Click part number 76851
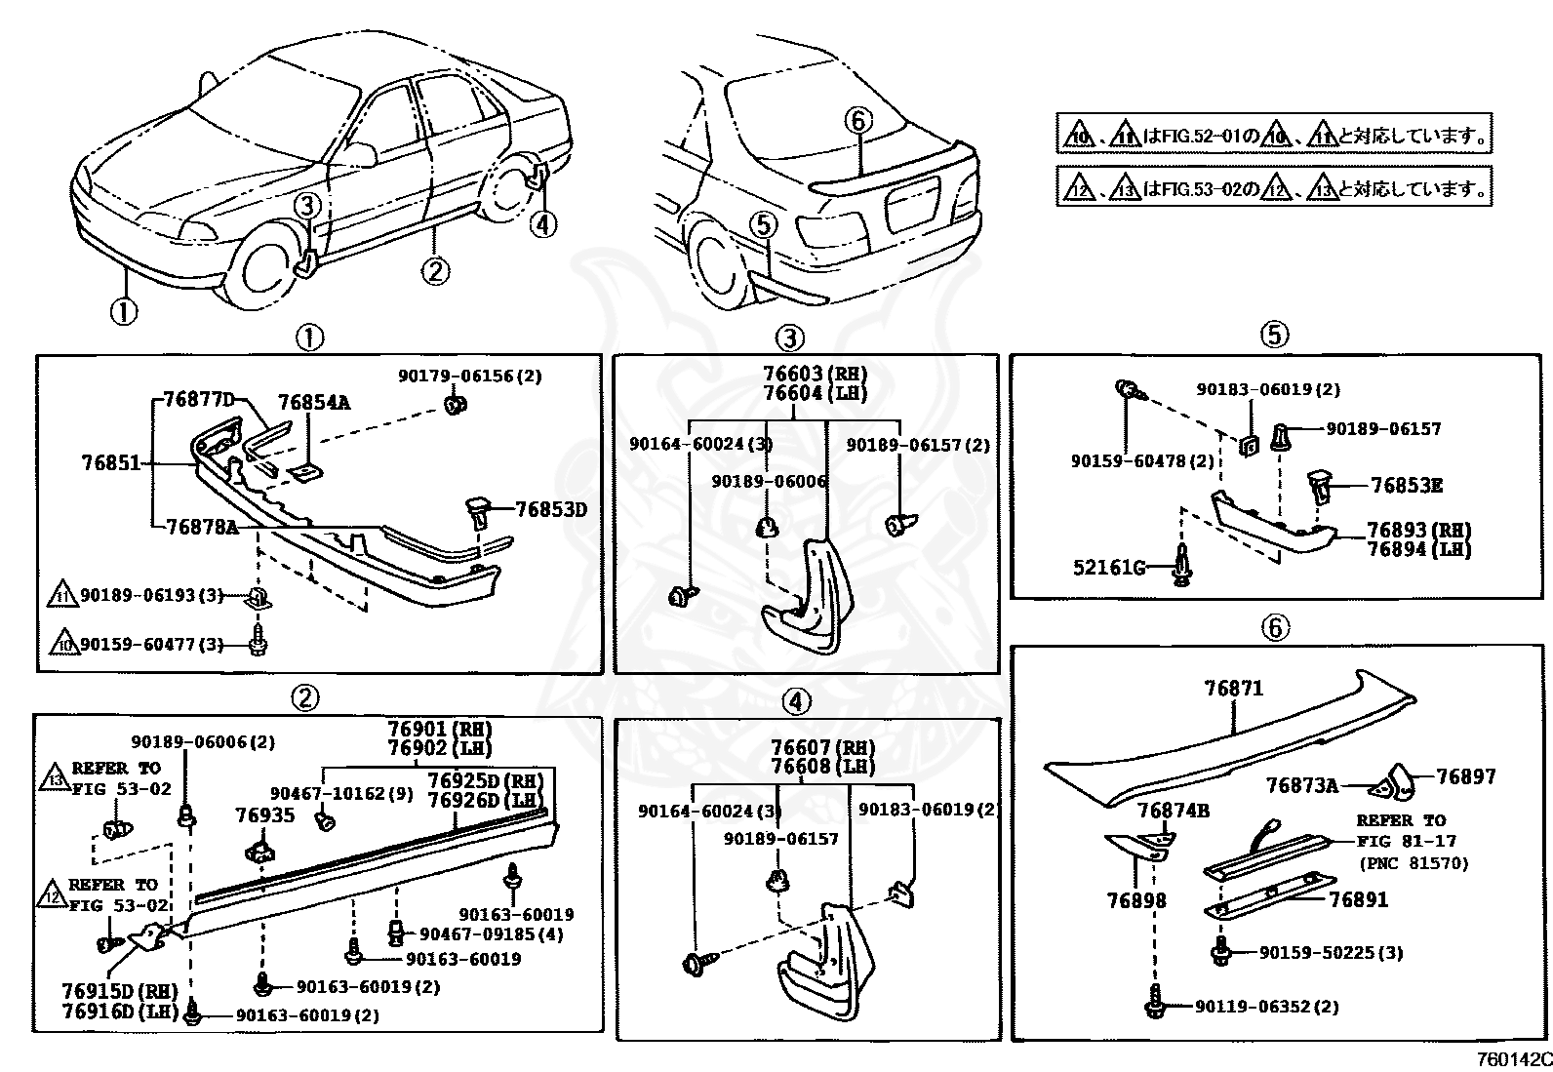(111, 464)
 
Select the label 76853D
(551, 509)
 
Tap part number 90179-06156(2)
(470, 377)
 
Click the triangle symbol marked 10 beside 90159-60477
(63, 644)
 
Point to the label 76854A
(313, 402)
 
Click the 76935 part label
(264, 814)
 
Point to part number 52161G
(1108, 566)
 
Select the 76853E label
(1406, 486)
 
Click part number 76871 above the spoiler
(1233, 689)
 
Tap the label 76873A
(1302, 784)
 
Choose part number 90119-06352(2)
(1266, 1007)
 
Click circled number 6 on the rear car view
(856, 121)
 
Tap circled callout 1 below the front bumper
(123, 313)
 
